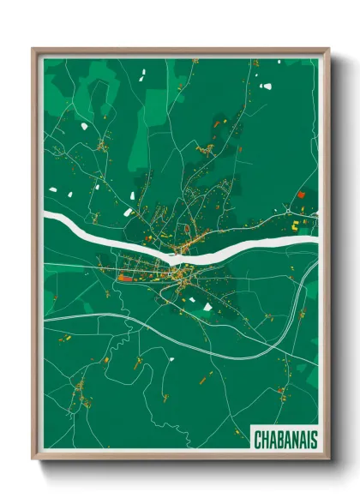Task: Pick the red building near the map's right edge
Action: pos(301,195)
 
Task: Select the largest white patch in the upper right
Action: pos(267,86)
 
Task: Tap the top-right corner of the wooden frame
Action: pos(327,50)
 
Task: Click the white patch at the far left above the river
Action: pos(52,190)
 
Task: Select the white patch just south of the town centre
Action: pos(207,305)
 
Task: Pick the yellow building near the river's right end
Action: pos(295,226)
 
